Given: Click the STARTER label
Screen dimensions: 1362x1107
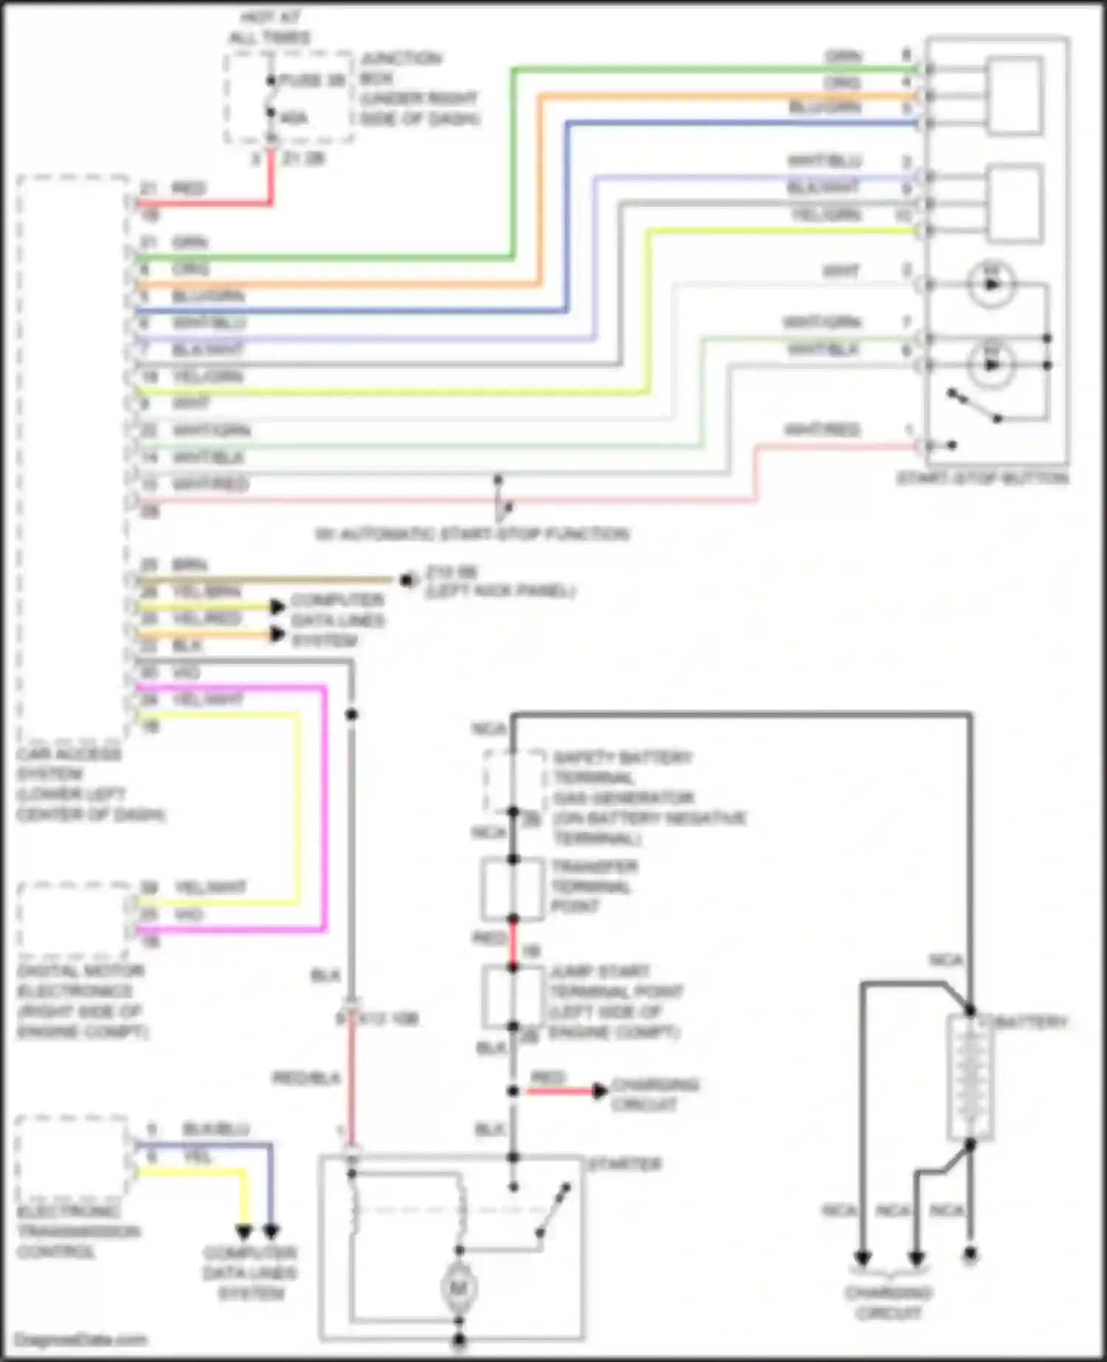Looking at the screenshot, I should pos(624,1164).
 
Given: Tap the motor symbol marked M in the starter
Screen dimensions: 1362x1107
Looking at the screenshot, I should pos(459,1288).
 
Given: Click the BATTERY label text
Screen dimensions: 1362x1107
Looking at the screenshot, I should pos(1031,1022).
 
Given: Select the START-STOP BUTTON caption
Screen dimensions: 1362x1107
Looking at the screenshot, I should pos(982,478).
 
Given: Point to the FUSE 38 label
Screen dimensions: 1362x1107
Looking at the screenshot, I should pos(312,80).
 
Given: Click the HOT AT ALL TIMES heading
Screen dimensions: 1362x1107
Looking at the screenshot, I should pos(270,27).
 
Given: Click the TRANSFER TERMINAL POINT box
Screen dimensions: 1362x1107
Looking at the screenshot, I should pos(513,889).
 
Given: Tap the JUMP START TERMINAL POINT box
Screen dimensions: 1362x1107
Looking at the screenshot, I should pos(513,998).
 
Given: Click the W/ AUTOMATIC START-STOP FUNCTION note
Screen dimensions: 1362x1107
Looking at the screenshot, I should pos(472,533).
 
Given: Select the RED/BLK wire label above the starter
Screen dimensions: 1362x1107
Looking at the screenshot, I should pos(306,1079).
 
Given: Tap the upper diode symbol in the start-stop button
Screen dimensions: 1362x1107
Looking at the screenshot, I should pos(991,285).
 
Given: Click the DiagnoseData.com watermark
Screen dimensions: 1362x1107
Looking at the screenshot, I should pos(81,1340).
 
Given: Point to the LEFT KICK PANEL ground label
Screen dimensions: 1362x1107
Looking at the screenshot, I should pos(500,591).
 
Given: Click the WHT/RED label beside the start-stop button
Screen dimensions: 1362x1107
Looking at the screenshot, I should pos(821,429).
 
